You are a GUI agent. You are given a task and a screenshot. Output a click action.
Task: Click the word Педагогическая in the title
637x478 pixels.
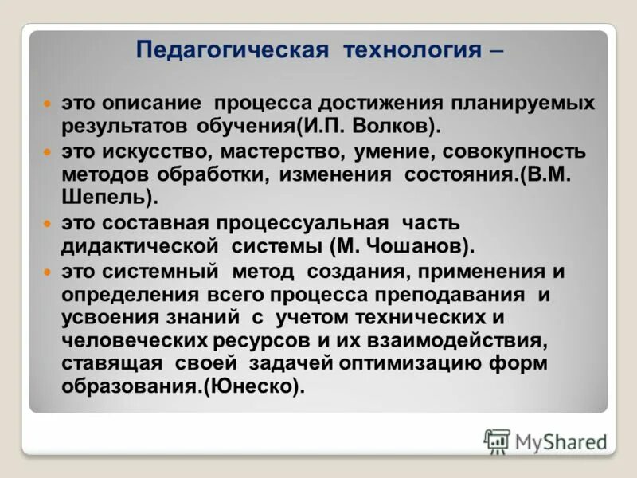tap(232, 51)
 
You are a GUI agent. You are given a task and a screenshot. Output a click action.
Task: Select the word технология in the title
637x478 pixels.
tap(412, 51)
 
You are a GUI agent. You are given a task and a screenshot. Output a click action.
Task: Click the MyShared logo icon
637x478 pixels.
tap(496, 440)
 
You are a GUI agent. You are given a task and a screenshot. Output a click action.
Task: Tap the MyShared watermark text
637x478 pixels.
tap(561, 441)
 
